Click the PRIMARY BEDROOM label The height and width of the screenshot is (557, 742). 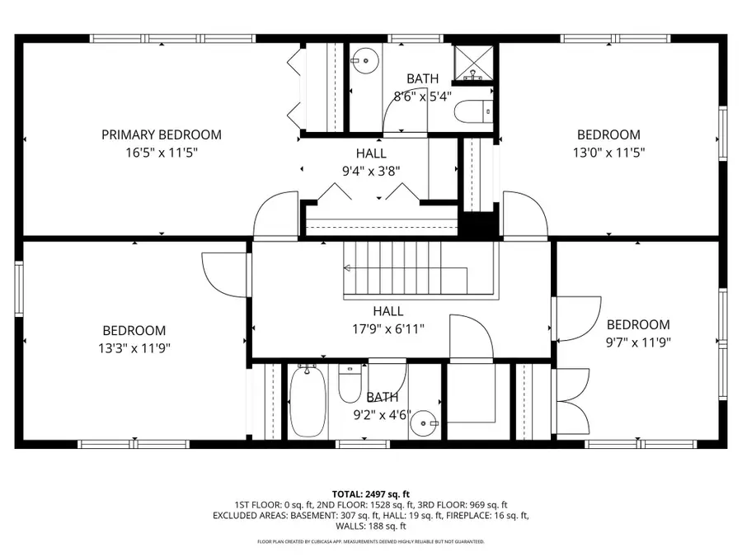(162, 135)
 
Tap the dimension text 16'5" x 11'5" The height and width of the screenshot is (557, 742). (162, 153)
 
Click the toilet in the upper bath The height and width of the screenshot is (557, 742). (474, 111)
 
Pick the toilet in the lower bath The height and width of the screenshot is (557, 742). (350, 384)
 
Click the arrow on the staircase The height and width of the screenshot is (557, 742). (348, 268)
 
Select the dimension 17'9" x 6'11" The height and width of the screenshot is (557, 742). (387, 328)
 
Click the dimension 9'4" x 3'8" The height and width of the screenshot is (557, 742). (371, 171)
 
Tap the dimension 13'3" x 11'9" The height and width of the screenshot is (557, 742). (134, 347)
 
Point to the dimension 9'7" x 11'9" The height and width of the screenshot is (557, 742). (638, 342)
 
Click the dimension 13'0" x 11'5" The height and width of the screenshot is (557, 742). (608, 153)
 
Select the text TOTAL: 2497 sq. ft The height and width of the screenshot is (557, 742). (371, 493)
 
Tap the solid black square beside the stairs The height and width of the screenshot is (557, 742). (478, 224)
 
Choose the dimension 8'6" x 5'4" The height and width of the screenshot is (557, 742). (422, 96)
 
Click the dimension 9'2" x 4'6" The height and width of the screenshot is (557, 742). (382, 415)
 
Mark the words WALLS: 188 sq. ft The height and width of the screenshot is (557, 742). (371, 526)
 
